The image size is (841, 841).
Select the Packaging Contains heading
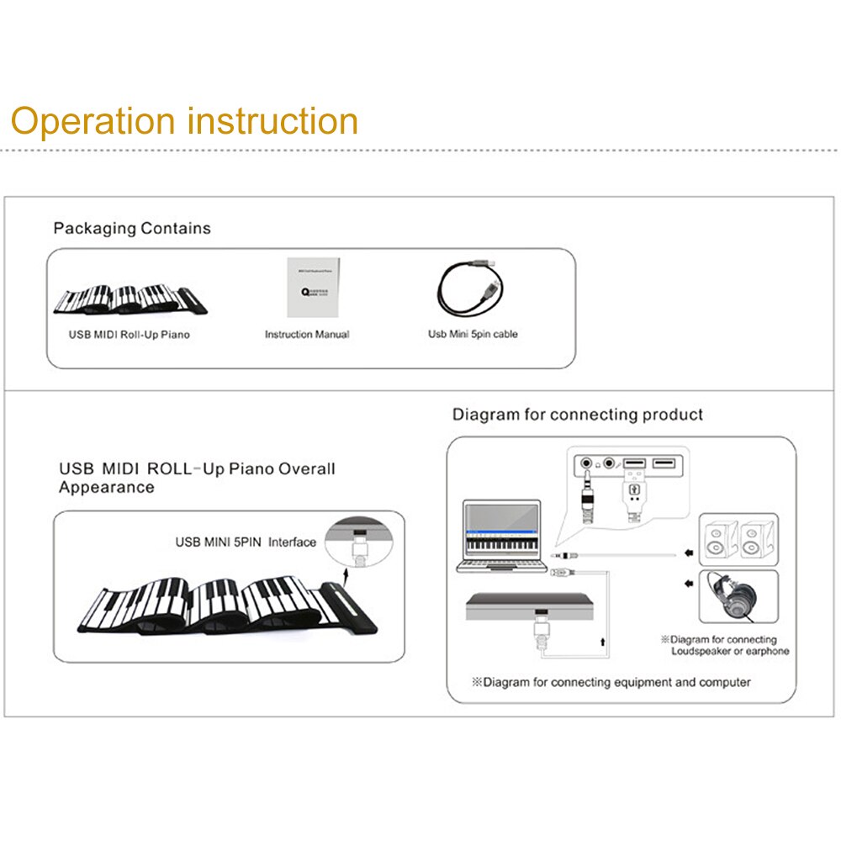click(x=132, y=228)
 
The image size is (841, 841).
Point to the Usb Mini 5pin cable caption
click(x=473, y=334)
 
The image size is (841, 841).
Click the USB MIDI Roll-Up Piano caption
click(x=130, y=334)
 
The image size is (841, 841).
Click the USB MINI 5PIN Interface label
click(x=246, y=542)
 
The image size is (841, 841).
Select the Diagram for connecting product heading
click(x=578, y=414)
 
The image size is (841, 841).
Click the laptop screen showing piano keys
click(x=503, y=537)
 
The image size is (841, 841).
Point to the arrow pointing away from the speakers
click(x=689, y=553)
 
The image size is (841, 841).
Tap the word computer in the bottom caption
click(x=722, y=682)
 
